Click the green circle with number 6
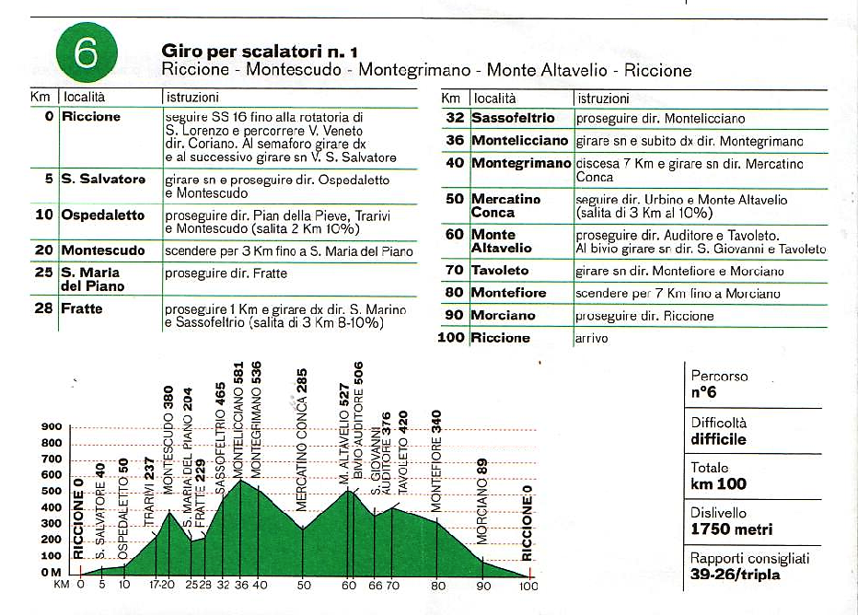(x=87, y=52)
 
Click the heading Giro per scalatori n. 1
(x=260, y=52)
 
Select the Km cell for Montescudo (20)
(x=44, y=250)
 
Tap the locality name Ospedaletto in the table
(x=103, y=215)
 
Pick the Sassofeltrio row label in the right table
(x=514, y=118)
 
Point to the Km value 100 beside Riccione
(x=451, y=337)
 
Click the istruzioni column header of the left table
(x=192, y=98)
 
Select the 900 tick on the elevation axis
(x=52, y=426)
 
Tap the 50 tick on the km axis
(x=304, y=585)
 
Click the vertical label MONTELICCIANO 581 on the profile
(x=238, y=420)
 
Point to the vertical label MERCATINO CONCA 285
(x=302, y=440)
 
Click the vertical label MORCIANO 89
(x=481, y=502)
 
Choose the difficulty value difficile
(x=718, y=439)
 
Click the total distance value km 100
(x=718, y=483)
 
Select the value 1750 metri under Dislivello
(x=732, y=529)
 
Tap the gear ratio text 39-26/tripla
(x=735, y=575)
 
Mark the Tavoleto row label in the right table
(x=500, y=271)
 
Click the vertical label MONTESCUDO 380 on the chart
(x=168, y=440)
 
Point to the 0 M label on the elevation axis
(x=51, y=572)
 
